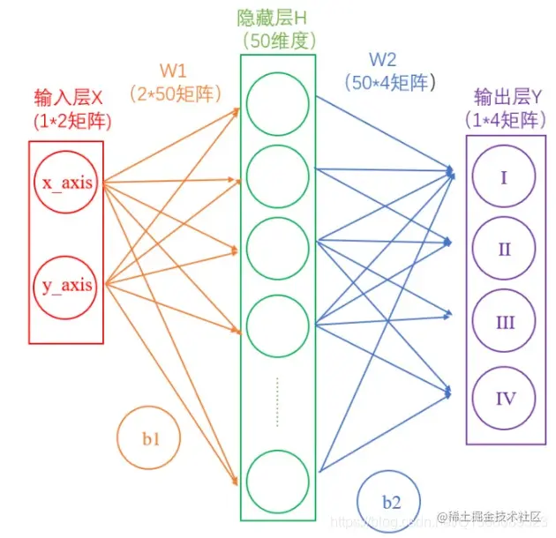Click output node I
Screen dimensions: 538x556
(504, 177)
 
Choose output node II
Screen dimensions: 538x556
(504, 249)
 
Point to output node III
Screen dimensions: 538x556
(504, 323)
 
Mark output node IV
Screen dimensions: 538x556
(504, 398)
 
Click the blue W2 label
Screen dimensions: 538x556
(382, 60)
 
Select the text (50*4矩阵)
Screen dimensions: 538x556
(388, 83)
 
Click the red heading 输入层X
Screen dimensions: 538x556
(68, 96)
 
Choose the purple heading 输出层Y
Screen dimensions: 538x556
(505, 96)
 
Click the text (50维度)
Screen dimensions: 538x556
(277, 41)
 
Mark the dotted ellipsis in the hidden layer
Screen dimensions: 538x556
(277, 402)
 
